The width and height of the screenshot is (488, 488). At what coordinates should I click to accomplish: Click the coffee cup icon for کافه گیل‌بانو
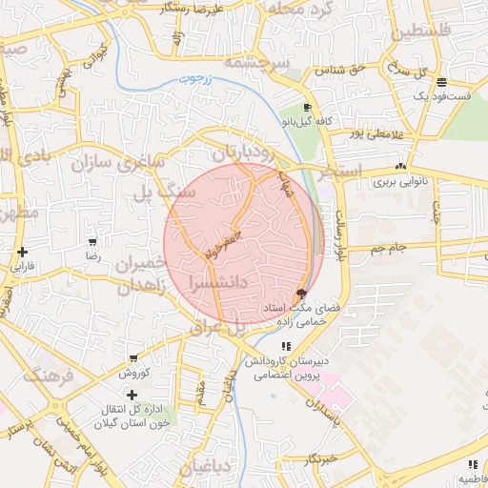coord(307,107)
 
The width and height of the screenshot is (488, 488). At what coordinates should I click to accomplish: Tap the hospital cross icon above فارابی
coord(21,252)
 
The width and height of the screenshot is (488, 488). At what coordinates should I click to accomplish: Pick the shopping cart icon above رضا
coord(91,242)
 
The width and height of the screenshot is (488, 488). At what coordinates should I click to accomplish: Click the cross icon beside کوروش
coord(132,394)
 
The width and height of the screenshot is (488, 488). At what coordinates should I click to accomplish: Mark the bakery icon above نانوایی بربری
coord(399,164)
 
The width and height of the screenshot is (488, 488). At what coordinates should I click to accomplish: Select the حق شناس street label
coord(349,69)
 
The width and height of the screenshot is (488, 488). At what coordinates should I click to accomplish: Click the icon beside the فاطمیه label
coord(473,464)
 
